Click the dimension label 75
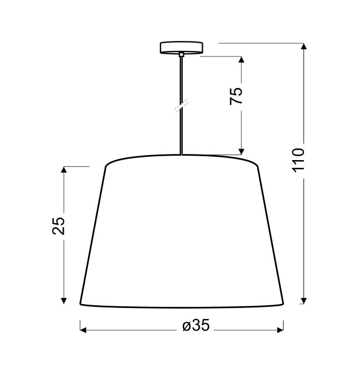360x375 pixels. (236, 96)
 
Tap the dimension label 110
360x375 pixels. (299, 160)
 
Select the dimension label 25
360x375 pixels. (58, 226)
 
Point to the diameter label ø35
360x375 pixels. (196, 325)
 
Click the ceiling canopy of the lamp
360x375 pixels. (181, 48)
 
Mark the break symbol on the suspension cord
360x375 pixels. (182, 106)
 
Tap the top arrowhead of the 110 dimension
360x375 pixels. (304, 46)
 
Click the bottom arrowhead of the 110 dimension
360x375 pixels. (304, 301)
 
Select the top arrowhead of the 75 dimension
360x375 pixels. (241, 59)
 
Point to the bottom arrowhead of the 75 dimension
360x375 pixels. (241, 152)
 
